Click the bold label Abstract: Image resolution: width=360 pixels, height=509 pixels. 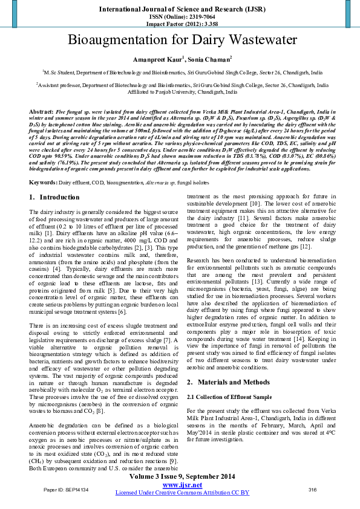pos(41,112)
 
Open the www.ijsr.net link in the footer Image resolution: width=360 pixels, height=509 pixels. pos(180,485)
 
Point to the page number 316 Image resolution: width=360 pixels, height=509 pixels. pos(313,489)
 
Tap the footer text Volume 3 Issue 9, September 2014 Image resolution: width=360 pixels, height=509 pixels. pos(180,477)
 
